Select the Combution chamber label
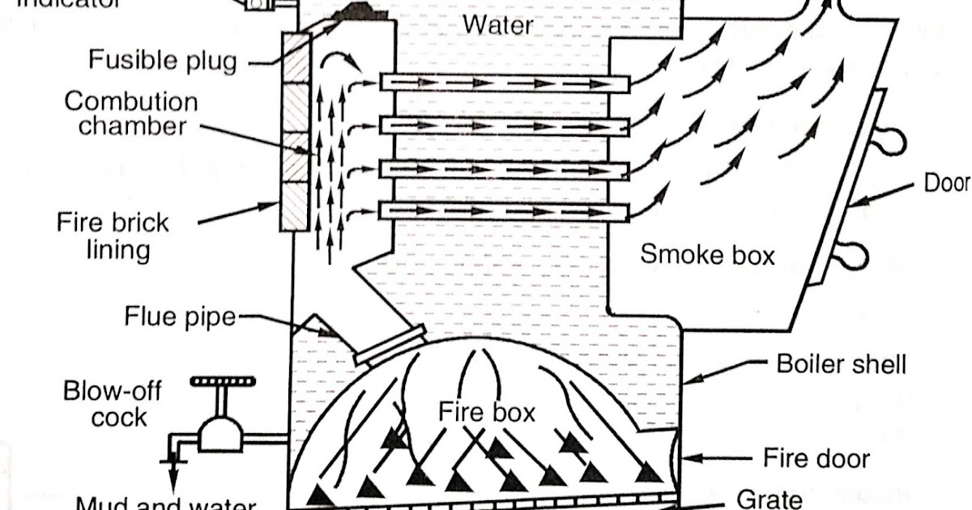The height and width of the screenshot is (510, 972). coord(131,113)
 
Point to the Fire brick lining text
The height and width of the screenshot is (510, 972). coord(113,235)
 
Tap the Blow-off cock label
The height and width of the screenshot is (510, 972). coord(113,404)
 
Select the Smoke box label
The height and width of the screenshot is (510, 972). coord(707,254)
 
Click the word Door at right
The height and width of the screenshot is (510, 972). coord(946,184)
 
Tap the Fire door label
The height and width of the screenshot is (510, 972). coord(816,459)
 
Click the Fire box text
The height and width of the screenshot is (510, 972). coord(487,411)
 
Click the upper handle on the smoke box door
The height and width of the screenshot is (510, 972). coord(891,142)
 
